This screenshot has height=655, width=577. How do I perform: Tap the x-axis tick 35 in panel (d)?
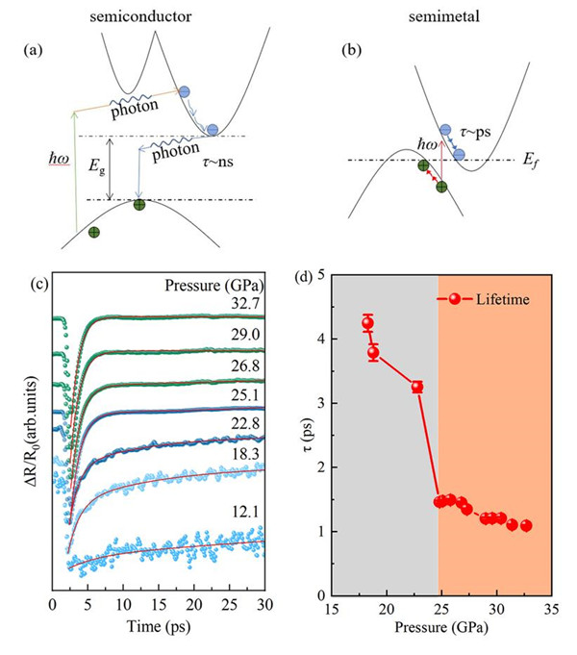[551, 609]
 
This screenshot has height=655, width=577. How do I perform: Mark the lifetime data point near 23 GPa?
[416, 387]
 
